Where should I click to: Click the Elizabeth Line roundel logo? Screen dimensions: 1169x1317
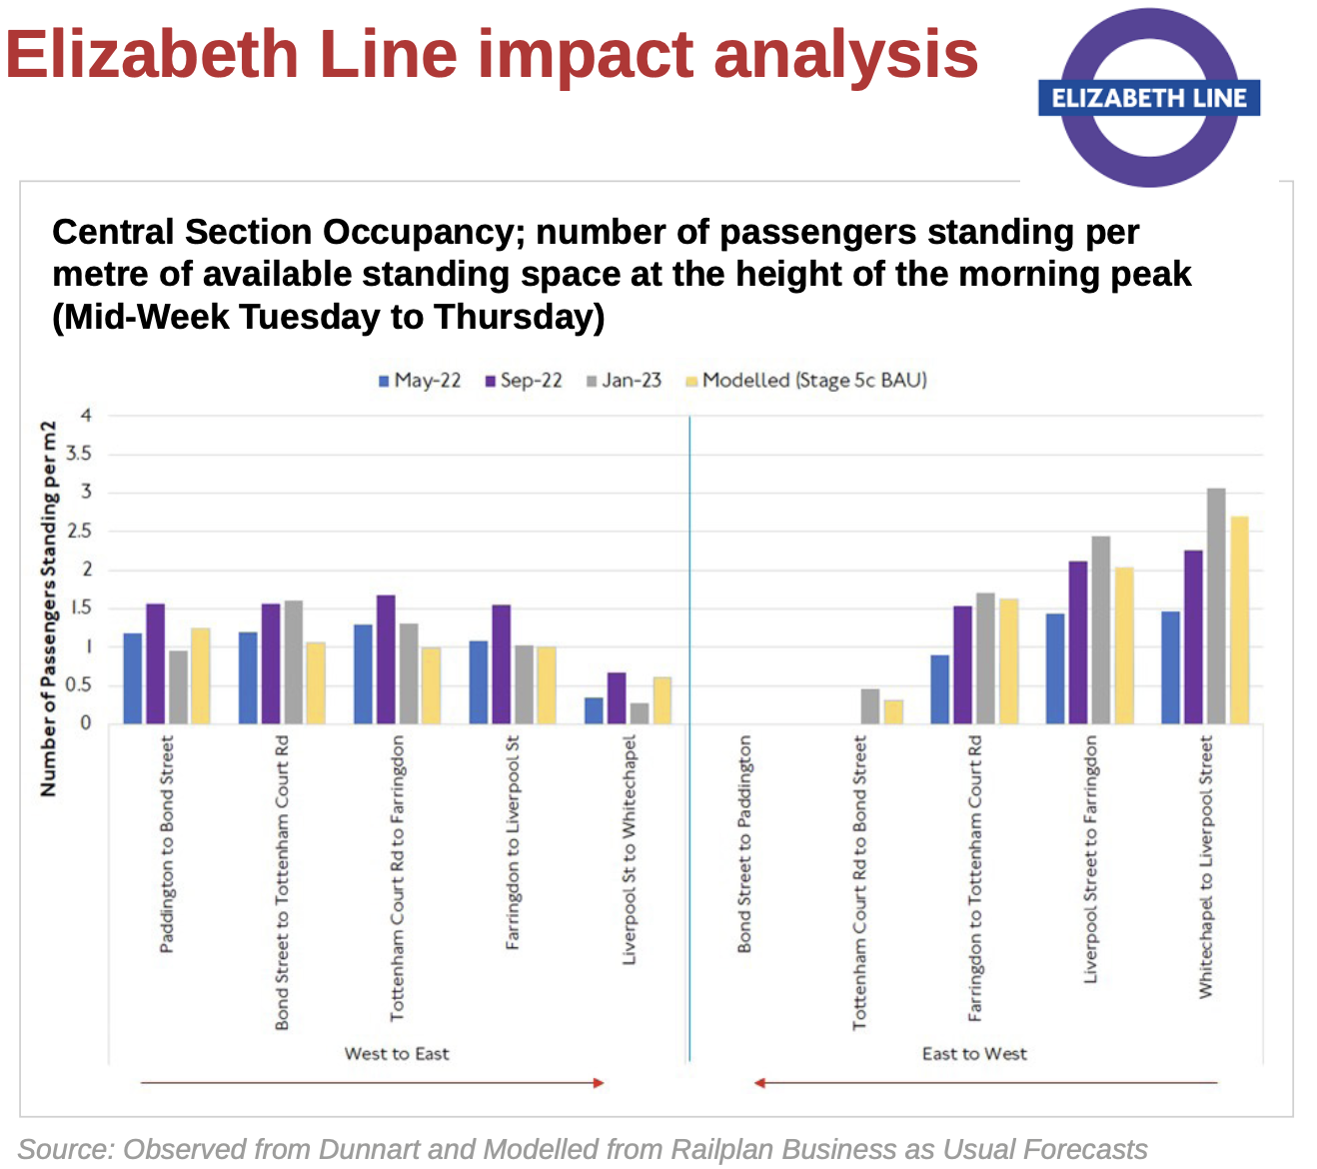[x=1149, y=98]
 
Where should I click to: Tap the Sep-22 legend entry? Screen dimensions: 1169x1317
[x=524, y=381]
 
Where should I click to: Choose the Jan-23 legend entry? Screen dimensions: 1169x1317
[x=625, y=381]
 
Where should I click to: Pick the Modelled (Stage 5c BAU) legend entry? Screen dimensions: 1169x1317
[x=806, y=381]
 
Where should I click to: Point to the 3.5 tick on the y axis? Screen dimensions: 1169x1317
[x=78, y=454]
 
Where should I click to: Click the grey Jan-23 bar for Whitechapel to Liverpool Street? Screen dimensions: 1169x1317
[x=1216, y=605]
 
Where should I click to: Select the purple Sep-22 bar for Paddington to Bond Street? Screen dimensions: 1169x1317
[x=155, y=663]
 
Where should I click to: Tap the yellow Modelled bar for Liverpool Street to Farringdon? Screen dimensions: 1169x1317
[x=1124, y=645]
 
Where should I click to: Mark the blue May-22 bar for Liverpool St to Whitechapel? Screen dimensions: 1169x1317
[x=594, y=710]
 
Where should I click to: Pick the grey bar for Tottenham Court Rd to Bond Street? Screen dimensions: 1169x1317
[x=870, y=706]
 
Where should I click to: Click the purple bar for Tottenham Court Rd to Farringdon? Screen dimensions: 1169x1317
[x=386, y=659]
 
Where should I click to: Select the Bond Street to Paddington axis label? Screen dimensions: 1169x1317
[x=744, y=844]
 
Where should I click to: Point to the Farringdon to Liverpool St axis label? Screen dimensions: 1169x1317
[x=513, y=842]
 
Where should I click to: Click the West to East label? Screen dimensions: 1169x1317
[x=397, y=1054]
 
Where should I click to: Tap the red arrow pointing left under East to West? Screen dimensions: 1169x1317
[x=985, y=1082]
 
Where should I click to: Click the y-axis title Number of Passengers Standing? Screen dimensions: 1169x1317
[x=48, y=608]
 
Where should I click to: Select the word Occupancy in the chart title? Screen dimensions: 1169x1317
[x=419, y=232]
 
